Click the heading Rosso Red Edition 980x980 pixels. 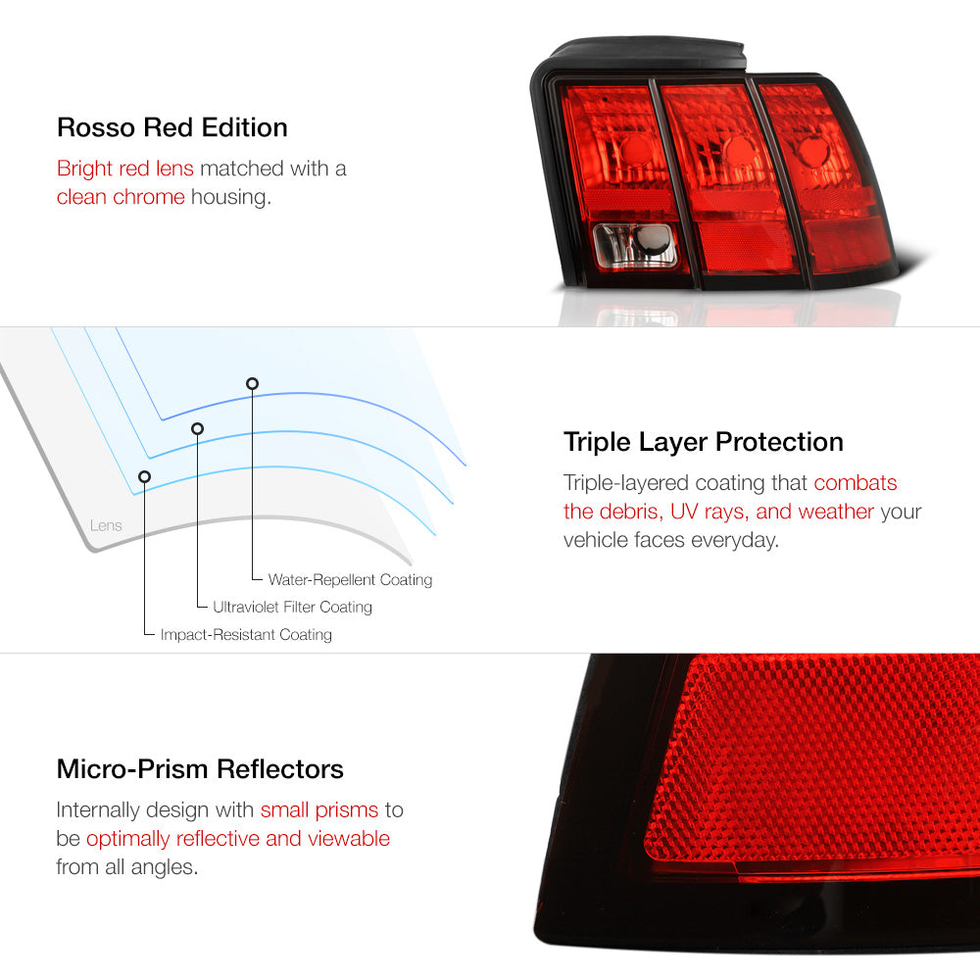(x=171, y=127)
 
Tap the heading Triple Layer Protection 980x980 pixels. (x=703, y=443)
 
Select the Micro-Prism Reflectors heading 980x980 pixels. (x=200, y=768)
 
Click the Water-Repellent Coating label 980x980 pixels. (x=350, y=580)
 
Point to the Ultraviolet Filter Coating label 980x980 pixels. (x=292, y=607)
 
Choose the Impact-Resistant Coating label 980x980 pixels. (x=246, y=634)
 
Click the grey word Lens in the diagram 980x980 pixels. (x=106, y=525)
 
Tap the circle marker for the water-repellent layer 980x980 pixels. (x=252, y=383)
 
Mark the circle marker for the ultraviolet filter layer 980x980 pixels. (x=198, y=429)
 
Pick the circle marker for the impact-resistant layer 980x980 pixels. (x=144, y=477)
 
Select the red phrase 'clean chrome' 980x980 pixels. (x=121, y=197)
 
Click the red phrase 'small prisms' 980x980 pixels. (x=319, y=810)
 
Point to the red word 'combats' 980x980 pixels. (x=855, y=482)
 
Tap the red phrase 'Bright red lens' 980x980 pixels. (x=125, y=169)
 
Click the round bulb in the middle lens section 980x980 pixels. (x=739, y=151)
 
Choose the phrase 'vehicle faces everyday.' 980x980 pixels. (x=671, y=540)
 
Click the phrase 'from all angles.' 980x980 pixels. (x=126, y=867)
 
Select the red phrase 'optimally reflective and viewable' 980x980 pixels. (x=238, y=839)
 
